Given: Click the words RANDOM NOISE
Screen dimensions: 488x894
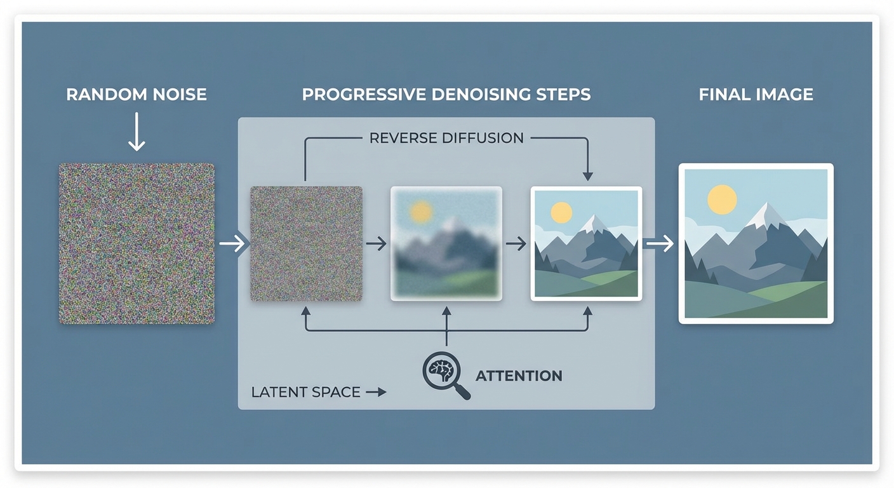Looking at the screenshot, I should coord(137,95).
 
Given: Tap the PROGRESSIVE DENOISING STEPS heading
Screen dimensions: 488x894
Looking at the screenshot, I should coord(446,95).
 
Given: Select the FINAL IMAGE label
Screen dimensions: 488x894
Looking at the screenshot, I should coord(756,95).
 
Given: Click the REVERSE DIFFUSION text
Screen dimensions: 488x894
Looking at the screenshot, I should coord(446,137).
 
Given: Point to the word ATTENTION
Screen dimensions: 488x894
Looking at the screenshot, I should coord(519,376).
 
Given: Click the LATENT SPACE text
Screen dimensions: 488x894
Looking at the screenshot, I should coord(305,392).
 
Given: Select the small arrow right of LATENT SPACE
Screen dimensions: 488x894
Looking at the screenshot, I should coord(376,392).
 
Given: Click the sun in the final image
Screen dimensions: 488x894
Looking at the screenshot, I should coord(722,200).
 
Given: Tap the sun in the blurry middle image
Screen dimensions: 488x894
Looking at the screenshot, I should coord(420,212).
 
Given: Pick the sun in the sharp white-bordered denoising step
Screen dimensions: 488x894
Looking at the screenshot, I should coord(561,213).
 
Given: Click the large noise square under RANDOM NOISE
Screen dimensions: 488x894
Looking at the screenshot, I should coord(137,243).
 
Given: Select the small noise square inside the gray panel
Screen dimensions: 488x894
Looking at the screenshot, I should coord(306,243).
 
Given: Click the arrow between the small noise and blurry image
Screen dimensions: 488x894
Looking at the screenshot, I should coord(377,243).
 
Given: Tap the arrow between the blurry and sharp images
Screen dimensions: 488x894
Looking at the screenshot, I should coord(516,243).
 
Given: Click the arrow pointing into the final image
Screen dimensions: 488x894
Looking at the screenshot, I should coord(660,243).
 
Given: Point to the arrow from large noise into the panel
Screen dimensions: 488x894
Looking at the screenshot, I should coord(232,243).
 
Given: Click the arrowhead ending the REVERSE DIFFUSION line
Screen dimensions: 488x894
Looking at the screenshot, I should coord(587,175).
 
